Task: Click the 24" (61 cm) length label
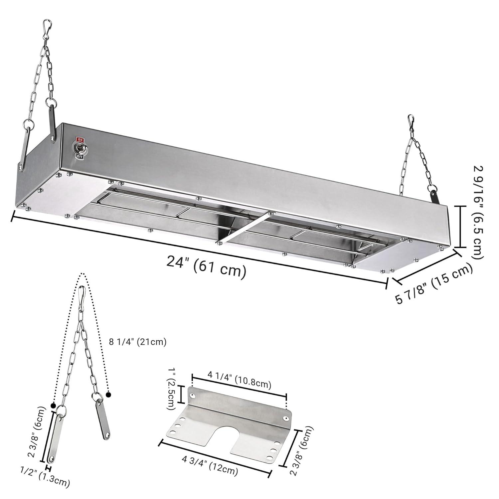pyautogui.click(x=206, y=266)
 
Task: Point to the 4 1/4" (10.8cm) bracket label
pyautogui.click(x=239, y=384)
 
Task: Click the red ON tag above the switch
pyautogui.click(x=80, y=139)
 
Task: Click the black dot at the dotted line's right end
pyautogui.click(x=108, y=395)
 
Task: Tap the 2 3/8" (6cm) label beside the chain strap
pyautogui.click(x=37, y=432)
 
